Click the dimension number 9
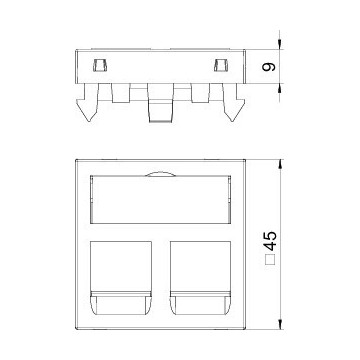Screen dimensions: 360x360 click(x=269, y=67)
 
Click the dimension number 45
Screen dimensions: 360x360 click(x=269, y=240)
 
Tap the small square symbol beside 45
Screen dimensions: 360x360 click(x=269, y=260)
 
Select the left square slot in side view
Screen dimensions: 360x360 click(x=100, y=65)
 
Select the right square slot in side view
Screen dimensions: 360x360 click(x=221, y=65)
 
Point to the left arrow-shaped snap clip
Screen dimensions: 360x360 click(x=88, y=102)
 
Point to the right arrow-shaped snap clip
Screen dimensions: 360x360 click(x=233, y=102)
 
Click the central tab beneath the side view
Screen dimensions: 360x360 click(x=160, y=102)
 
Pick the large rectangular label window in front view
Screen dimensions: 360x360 click(x=161, y=199)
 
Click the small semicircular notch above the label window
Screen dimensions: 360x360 click(x=160, y=174)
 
